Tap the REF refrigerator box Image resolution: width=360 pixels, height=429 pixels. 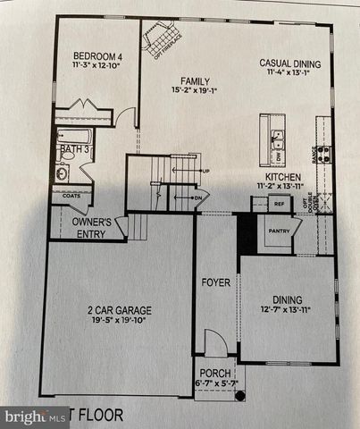[x=279, y=204]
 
